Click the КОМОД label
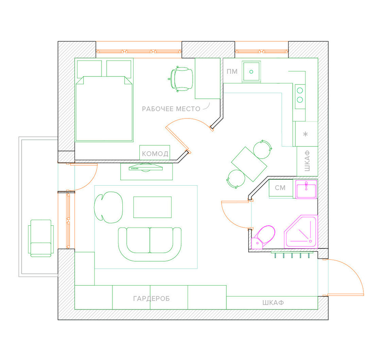155,154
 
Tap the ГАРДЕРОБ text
151,299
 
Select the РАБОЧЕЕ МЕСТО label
171,109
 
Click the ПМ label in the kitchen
232,71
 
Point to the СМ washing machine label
280,188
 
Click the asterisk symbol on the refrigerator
305,134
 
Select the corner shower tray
301,232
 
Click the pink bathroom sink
306,189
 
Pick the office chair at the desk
181,79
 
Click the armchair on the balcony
41,238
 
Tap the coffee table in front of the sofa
153,207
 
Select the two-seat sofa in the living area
150,244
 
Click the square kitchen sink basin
251,72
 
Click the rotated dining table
249,164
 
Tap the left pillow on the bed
89,68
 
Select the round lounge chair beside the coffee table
109,207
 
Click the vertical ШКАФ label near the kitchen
307,161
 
